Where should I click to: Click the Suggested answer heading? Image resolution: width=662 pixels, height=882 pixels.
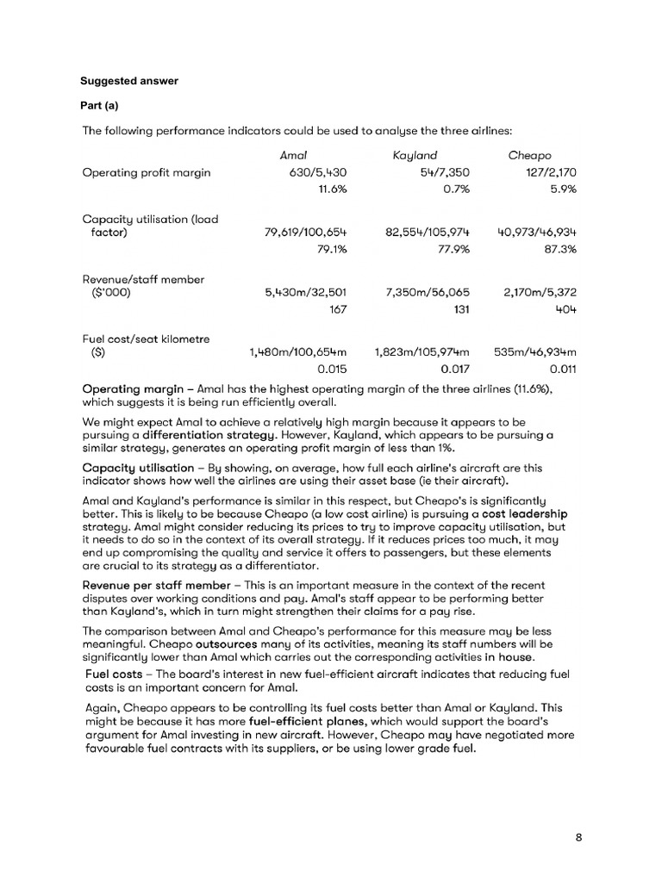point(129,82)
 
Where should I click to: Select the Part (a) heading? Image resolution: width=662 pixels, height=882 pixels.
point(100,106)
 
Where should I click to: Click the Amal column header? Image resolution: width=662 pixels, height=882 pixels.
point(294,156)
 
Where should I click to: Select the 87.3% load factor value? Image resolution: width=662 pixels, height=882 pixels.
point(559,249)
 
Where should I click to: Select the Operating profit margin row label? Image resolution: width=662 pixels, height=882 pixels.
point(147,172)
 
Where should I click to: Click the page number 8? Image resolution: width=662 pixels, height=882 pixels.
point(578,835)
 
